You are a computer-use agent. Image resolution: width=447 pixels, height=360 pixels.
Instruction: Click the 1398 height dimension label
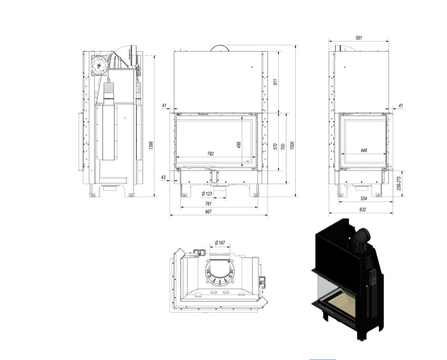point(151,145)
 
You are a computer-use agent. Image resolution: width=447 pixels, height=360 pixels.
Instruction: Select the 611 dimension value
point(275,82)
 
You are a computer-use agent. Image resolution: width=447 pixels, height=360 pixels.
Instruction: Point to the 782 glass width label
point(210,154)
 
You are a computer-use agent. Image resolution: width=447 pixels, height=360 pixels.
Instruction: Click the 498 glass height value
point(239,145)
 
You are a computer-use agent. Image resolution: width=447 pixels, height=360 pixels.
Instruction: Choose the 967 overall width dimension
point(208,212)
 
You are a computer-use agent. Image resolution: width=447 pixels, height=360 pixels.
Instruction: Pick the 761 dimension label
point(208,204)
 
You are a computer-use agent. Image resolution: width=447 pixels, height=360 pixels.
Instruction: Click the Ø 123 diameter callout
point(207,194)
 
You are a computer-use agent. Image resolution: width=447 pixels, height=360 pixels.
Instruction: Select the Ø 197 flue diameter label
point(220,243)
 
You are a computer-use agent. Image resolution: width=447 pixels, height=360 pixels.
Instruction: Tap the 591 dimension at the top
point(359,37)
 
